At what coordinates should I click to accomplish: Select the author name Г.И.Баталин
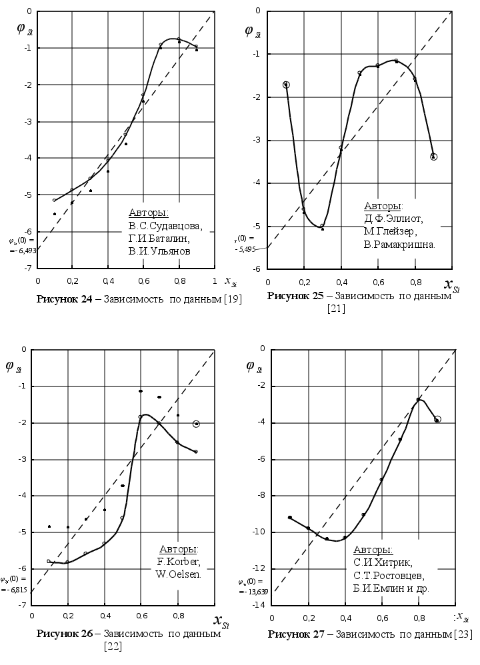(x=160, y=239)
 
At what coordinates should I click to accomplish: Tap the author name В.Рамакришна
(x=400, y=245)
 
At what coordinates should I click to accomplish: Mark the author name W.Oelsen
(x=178, y=574)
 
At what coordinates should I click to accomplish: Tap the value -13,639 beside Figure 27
(x=255, y=590)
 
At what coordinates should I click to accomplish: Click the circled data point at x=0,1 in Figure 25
(x=286, y=85)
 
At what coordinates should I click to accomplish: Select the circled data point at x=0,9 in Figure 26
(x=196, y=424)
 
